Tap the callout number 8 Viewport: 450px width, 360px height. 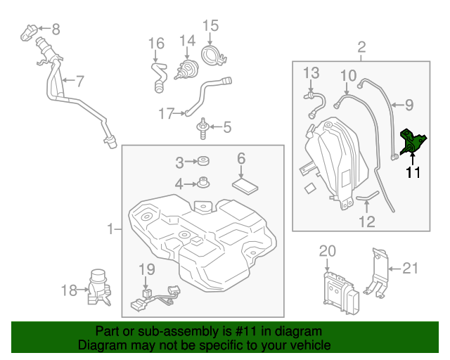pos(56,29)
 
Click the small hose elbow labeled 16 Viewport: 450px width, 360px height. pos(157,74)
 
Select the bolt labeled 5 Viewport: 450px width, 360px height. pos(202,129)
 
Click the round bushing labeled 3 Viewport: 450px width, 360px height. pos(202,162)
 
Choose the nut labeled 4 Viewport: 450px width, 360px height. pos(202,184)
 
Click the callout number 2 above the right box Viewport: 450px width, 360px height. pos(361,48)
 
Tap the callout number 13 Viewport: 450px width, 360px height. pos(311,72)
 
